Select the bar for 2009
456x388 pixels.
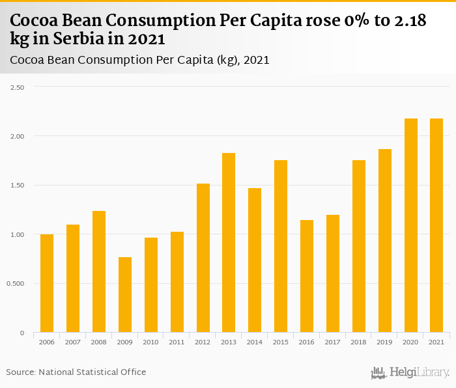tap(125, 295)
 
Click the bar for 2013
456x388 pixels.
tap(229, 243)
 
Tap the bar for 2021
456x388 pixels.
tap(436, 225)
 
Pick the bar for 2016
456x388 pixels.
tap(307, 276)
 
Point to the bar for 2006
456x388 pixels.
tap(47, 283)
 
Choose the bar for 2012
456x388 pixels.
tap(203, 258)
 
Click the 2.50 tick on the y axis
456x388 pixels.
tap(16, 87)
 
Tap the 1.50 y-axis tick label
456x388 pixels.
tap(16, 186)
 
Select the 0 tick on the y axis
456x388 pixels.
tap(22, 333)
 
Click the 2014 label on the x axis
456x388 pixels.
tap(255, 342)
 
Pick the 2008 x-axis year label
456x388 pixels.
tap(99, 342)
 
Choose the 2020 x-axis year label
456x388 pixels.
tap(410, 342)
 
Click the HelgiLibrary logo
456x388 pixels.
tap(410, 372)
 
